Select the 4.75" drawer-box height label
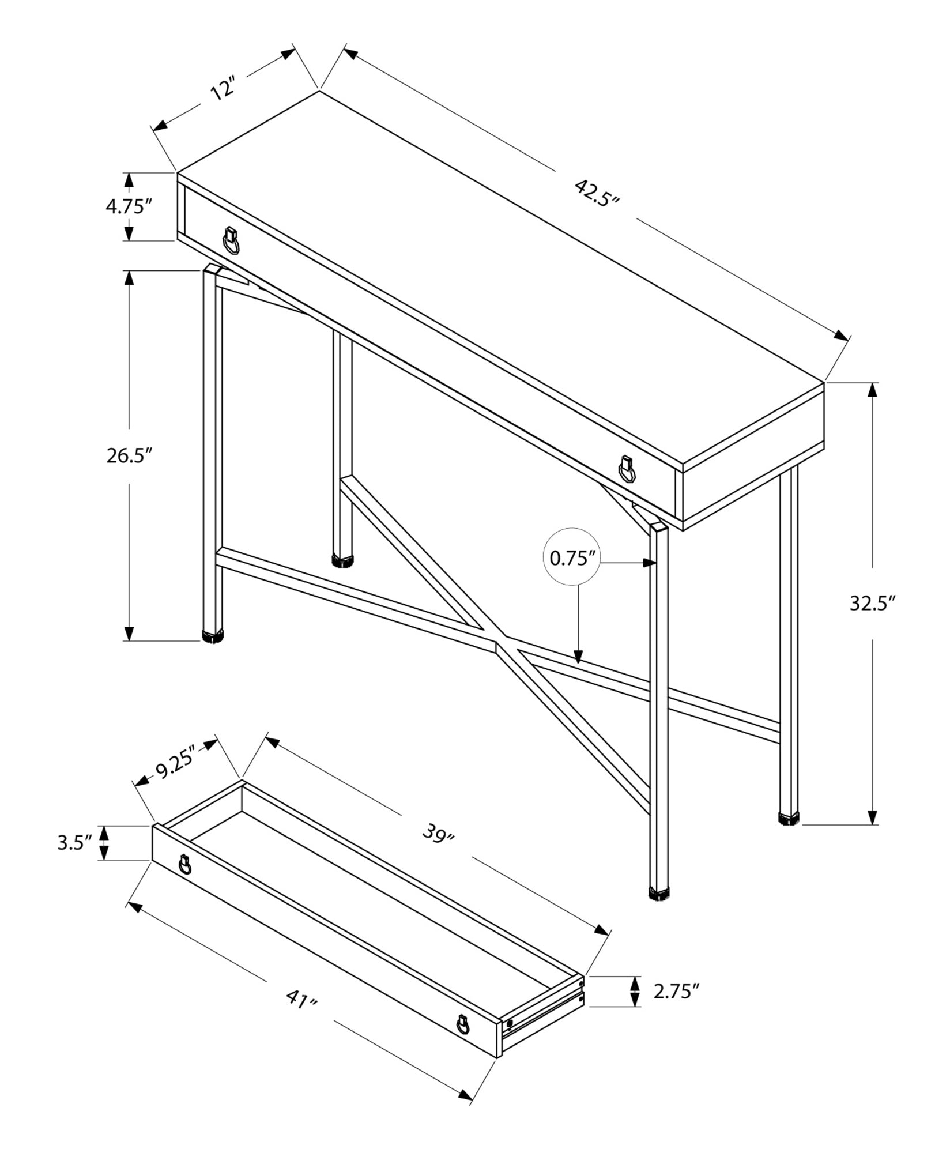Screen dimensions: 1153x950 (128, 206)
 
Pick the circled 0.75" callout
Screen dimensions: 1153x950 (571, 559)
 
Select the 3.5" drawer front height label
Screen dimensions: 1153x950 (75, 843)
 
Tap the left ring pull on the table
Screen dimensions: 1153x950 (231, 241)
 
